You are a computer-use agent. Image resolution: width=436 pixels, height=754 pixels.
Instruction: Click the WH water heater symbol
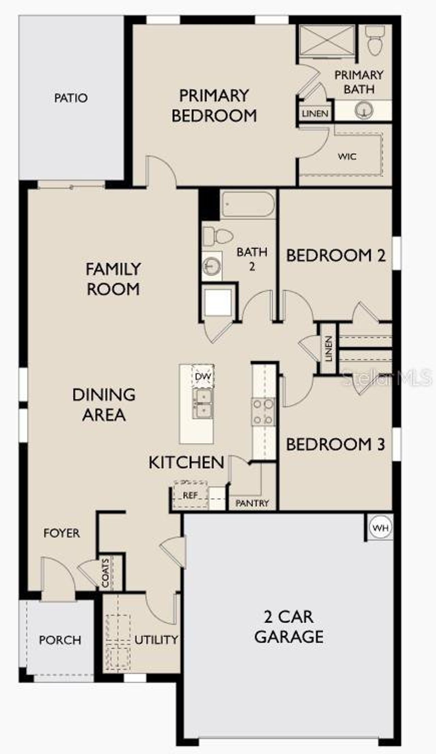[380, 528]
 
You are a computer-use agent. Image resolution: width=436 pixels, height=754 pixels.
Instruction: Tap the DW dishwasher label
[203, 377]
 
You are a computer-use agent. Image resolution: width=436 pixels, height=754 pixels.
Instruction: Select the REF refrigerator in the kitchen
[190, 495]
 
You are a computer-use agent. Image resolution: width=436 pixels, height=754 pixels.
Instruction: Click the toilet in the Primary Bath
[375, 41]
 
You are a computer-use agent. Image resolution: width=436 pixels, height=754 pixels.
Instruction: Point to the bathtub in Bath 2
[247, 204]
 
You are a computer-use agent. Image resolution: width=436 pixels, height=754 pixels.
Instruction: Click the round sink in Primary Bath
[364, 110]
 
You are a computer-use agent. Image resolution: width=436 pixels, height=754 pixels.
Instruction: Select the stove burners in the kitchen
[263, 412]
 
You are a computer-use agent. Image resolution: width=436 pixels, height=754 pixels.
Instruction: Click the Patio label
[71, 98]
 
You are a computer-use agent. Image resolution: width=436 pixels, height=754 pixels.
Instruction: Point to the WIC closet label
[347, 157]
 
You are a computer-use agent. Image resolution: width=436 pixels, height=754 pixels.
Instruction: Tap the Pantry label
[252, 503]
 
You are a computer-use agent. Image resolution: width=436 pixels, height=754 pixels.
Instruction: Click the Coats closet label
[106, 573]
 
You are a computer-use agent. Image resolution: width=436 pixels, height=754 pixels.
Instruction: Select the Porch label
[60, 640]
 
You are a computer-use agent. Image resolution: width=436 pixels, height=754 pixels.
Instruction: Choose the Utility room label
[156, 640]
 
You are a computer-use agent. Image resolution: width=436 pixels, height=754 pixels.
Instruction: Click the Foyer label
[62, 533]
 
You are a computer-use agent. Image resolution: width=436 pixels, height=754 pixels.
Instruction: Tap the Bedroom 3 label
[336, 444]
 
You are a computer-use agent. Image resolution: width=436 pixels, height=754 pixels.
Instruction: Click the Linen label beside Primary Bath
[315, 113]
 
